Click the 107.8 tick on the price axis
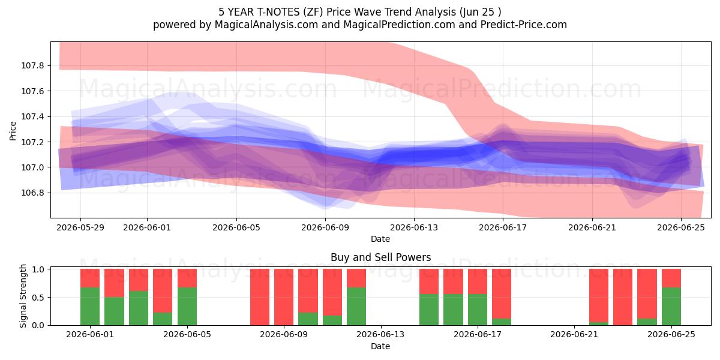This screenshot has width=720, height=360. [x=32, y=66]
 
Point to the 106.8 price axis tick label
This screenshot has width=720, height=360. [x=32, y=193]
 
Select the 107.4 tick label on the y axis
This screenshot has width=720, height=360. [x=32, y=116]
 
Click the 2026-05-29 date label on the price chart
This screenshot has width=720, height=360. [x=80, y=228]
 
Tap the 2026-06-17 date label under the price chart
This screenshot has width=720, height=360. [x=503, y=228]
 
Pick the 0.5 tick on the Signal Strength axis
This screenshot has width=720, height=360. [x=38, y=298]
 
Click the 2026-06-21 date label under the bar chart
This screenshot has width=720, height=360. [x=574, y=335]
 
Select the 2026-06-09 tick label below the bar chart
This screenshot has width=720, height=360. [x=284, y=335]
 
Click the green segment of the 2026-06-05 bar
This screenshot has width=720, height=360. [x=187, y=307]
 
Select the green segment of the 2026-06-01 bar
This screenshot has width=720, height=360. [x=90, y=307]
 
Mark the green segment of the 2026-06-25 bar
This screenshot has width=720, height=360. [x=671, y=307]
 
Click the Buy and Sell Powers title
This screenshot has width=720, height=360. [x=380, y=257]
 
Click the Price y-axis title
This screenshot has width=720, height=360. [x=13, y=131]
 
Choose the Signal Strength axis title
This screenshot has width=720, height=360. [x=23, y=296]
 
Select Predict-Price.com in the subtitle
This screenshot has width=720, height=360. [x=524, y=25]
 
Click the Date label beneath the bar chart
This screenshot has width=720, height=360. [x=380, y=346]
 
